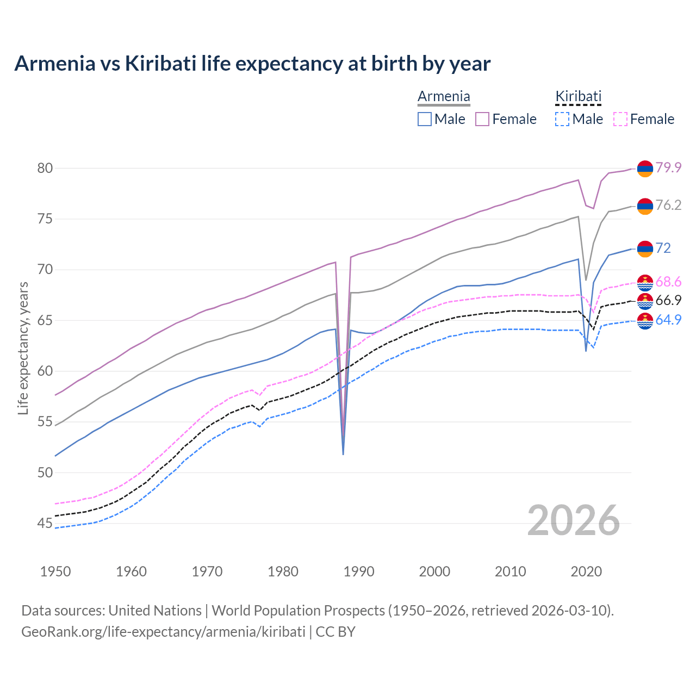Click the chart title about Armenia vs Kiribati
252,64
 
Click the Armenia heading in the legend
444,97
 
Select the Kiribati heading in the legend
578,97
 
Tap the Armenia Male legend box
425,119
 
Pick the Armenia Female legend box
482,119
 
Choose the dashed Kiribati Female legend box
620,119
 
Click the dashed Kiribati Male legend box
562,119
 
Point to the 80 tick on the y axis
45,168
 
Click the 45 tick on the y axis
45,523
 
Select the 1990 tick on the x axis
359,571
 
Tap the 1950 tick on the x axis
55,571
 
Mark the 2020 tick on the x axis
586,571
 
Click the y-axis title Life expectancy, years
23,348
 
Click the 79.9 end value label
668,168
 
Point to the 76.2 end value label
668,206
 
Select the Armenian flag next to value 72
645,248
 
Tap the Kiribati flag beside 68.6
645,282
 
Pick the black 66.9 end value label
668,301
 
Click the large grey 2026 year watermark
574,520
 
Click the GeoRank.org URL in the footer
163,632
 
